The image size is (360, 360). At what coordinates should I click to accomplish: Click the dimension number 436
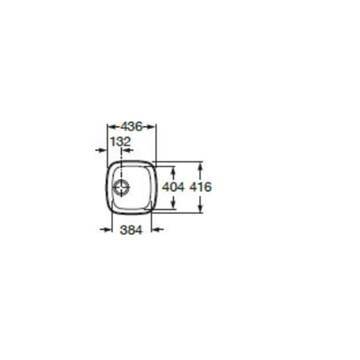tap(132, 126)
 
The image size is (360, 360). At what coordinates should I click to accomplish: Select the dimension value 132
tap(120, 141)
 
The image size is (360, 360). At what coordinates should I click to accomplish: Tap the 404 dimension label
tap(173, 187)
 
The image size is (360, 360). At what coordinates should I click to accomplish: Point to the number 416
tap(201, 187)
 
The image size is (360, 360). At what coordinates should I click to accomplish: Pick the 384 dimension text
tap(131, 230)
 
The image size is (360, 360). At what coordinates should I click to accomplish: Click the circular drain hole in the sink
tap(122, 187)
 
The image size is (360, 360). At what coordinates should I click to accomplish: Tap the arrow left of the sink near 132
tap(101, 151)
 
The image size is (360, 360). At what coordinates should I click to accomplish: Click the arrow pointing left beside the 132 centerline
tap(128, 151)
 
